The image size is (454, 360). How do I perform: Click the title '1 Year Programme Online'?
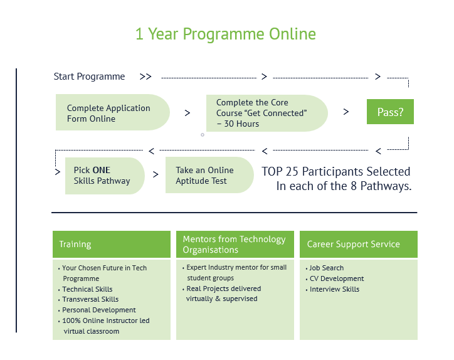point(226,34)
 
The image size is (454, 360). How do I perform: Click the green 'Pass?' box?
point(390,112)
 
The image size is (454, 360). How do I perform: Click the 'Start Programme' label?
point(89,77)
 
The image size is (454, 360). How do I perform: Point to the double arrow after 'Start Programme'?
point(145,77)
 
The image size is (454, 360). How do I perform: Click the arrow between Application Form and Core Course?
point(187,113)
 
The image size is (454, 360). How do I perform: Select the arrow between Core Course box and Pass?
point(346,112)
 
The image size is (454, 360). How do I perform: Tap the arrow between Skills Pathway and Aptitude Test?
point(156,175)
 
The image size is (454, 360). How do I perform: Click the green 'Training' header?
point(111,244)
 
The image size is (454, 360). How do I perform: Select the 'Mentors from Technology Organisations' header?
point(235,244)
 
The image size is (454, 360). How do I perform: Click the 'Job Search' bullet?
point(326,268)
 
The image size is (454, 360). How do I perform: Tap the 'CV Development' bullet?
point(336,278)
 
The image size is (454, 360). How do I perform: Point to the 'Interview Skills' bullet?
point(334,289)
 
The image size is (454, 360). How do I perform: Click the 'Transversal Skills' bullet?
point(90,299)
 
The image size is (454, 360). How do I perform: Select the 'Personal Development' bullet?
point(98,310)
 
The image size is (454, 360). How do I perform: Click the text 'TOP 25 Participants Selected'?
point(336,171)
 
